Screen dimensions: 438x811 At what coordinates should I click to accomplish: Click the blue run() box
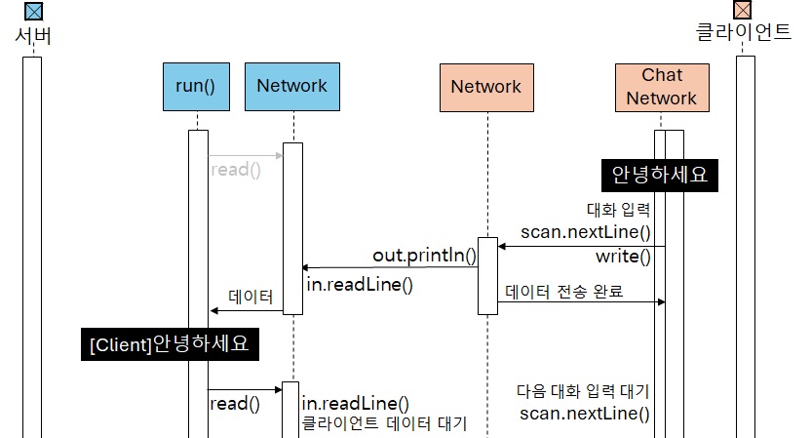click(x=195, y=86)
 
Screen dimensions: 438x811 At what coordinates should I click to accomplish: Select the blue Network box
click(x=291, y=86)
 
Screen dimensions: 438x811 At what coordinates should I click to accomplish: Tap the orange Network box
click(x=485, y=87)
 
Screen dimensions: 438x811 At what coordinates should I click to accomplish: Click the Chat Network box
click(x=662, y=87)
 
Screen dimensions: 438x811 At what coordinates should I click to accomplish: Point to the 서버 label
click(x=33, y=37)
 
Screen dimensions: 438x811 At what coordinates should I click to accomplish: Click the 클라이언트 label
click(x=745, y=32)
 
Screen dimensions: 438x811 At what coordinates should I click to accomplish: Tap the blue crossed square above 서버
click(x=33, y=12)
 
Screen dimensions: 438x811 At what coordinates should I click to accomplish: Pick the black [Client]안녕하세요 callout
click(x=174, y=345)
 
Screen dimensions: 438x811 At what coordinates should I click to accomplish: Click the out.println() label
click(x=424, y=256)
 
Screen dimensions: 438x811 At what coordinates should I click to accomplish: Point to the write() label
click(x=623, y=257)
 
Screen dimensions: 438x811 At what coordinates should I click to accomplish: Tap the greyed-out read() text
click(x=236, y=169)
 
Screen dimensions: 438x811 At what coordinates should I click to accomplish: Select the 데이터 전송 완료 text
click(x=564, y=291)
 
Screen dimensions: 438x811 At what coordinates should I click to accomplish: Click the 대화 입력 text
click(x=618, y=209)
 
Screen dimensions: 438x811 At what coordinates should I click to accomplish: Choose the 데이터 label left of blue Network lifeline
click(x=251, y=297)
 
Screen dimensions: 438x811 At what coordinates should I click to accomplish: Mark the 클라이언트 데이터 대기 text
click(x=384, y=423)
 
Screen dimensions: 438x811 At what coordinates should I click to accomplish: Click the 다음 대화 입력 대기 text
click(x=583, y=391)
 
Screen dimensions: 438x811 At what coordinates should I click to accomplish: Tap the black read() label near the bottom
click(x=235, y=403)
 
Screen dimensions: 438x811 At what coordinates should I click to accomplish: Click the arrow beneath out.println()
click(x=390, y=267)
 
